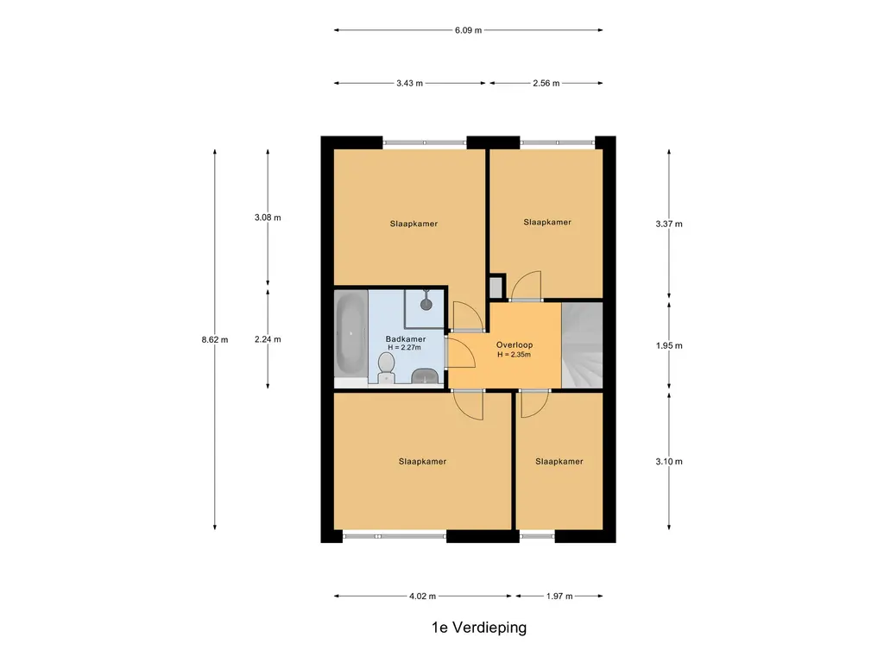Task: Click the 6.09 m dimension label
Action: click(x=468, y=30)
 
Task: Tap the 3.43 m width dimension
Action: click(x=409, y=84)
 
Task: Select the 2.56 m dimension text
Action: click(x=546, y=84)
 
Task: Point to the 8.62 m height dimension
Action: click(x=215, y=339)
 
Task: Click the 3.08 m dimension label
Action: click(x=268, y=218)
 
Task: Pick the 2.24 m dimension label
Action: click(x=268, y=339)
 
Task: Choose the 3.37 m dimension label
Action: click(x=669, y=224)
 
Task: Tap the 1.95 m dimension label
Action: click(x=669, y=345)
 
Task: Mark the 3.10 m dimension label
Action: click(x=669, y=462)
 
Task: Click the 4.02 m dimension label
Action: click(x=422, y=596)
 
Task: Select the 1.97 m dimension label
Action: click(x=559, y=596)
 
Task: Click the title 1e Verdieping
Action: click(x=479, y=628)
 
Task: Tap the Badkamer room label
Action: click(x=406, y=338)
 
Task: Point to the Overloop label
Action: click(x=515, y=345)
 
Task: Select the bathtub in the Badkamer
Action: click(x=351, y=334)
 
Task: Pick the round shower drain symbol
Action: click(x=426, y=305)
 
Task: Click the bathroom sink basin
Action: click(x=426, y=376)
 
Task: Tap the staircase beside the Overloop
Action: click(x=583, y=345)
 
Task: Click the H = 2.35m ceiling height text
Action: click(x=515, y=355)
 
